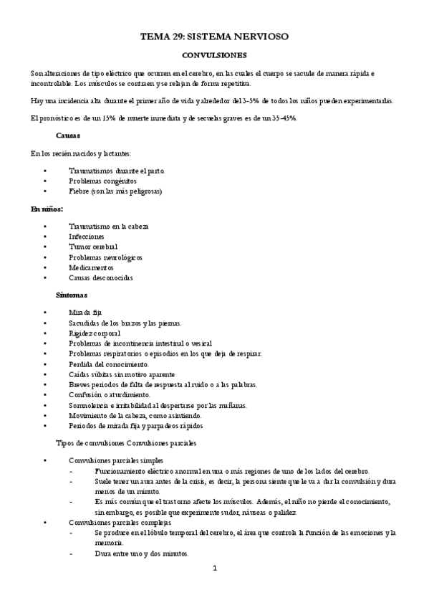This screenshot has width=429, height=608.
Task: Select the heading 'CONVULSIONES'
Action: (x=214, y=54)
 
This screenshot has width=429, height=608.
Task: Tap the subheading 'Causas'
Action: (x=68, y=136)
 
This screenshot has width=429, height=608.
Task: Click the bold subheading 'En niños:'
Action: (x=47, y=209)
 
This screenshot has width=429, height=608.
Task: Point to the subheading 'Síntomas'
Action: (x=72, y=295)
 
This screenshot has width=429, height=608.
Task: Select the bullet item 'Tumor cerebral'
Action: (x=94, y=247)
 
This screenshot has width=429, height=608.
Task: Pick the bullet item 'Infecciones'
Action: (x=87, y=237)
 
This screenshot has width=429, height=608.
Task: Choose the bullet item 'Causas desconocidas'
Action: (x=101, y=277)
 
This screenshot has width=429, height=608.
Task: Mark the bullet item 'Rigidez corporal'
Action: (x=95, y=333)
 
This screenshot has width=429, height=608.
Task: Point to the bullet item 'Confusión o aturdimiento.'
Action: (x=110, y=394)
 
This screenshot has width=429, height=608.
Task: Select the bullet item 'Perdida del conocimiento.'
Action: (x=109, y=364)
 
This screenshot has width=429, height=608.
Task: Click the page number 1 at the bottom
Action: (x=214, y=569)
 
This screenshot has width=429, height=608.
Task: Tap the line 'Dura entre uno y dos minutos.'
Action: (x=141, y=554)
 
